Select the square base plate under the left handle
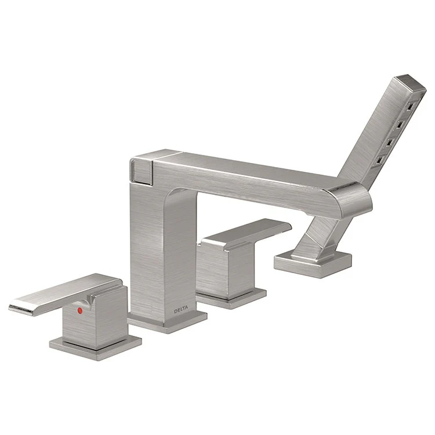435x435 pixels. click(x=96, y=343)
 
